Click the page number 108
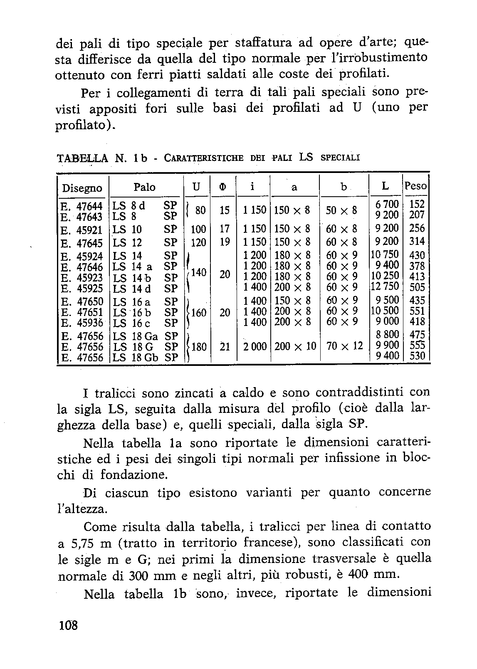pos(69,625)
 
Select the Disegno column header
pos(82,188)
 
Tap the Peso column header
pos(416,186)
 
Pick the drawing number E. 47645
pos(82,243)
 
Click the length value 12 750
pos(385,286)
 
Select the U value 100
pos(198,229)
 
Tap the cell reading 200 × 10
pos(295,346)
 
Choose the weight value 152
pos(417,205)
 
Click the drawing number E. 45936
pos(82,323)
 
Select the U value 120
pos(198,242)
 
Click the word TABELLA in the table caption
pos(82,158)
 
